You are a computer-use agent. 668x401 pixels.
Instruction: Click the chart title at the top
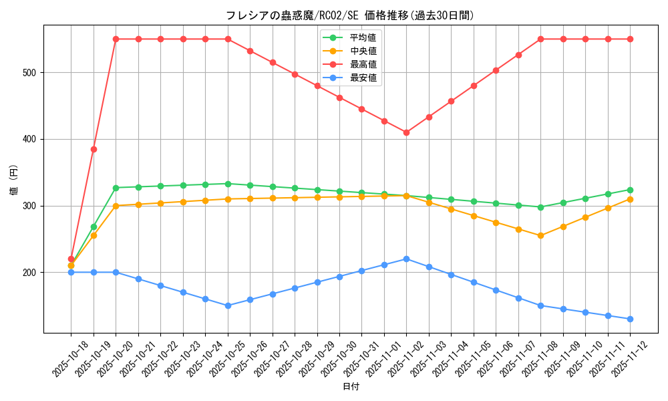(350, 15)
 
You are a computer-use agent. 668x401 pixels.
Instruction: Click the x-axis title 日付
(351, 387)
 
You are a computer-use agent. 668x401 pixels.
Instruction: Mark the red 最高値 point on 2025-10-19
(94, 149)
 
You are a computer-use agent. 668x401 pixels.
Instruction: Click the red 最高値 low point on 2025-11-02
(406, 132)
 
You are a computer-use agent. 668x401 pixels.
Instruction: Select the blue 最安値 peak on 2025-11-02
(406, 259)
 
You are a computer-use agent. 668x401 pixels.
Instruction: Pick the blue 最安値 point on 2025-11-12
(630, 319)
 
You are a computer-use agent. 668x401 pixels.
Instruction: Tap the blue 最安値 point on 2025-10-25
(228, 305)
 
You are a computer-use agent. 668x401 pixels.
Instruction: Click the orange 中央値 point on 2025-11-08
(540, 235)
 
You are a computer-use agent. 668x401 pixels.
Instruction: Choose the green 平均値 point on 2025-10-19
(94, 227)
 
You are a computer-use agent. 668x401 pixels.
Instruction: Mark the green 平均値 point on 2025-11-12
(630, 190)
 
